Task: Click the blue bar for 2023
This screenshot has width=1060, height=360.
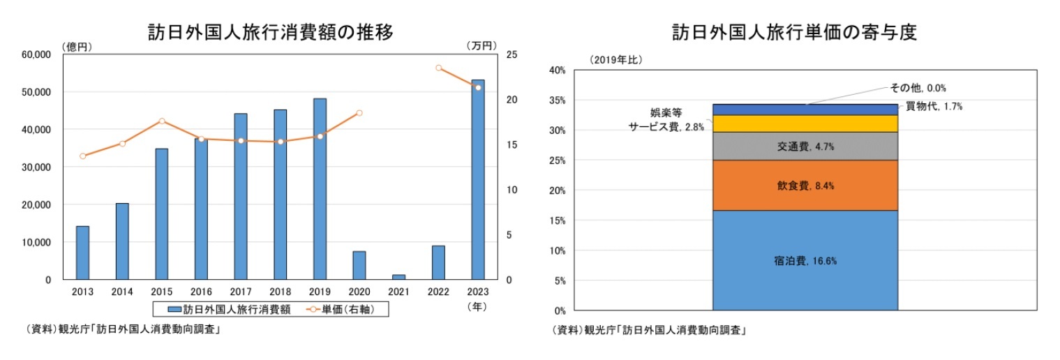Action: (x=478, y=179)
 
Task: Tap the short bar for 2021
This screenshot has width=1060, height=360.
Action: (x=398, y=276)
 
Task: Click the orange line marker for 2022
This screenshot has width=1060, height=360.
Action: (x=438, y=68)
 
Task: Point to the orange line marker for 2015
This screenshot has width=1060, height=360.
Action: (x=161, y=121)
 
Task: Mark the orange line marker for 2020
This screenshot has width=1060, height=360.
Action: (x=359, y=113)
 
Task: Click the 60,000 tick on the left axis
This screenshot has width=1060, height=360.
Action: (x=37, y=54)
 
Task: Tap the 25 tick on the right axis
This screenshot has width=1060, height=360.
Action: (x=512, y=54)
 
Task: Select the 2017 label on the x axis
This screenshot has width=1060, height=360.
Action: (x=240, y=292)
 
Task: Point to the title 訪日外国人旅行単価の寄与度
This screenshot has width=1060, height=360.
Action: (x=794, y=32)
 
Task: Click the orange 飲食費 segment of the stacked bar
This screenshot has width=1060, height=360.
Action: (x=805, y=186)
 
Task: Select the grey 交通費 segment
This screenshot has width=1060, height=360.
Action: (x=805, y=147)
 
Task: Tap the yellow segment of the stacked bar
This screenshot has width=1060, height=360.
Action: (x=805, y=123)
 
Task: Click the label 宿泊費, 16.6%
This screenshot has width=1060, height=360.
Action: (x=805, y=261)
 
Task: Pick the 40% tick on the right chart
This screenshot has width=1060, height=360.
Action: (x=556, y=70)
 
